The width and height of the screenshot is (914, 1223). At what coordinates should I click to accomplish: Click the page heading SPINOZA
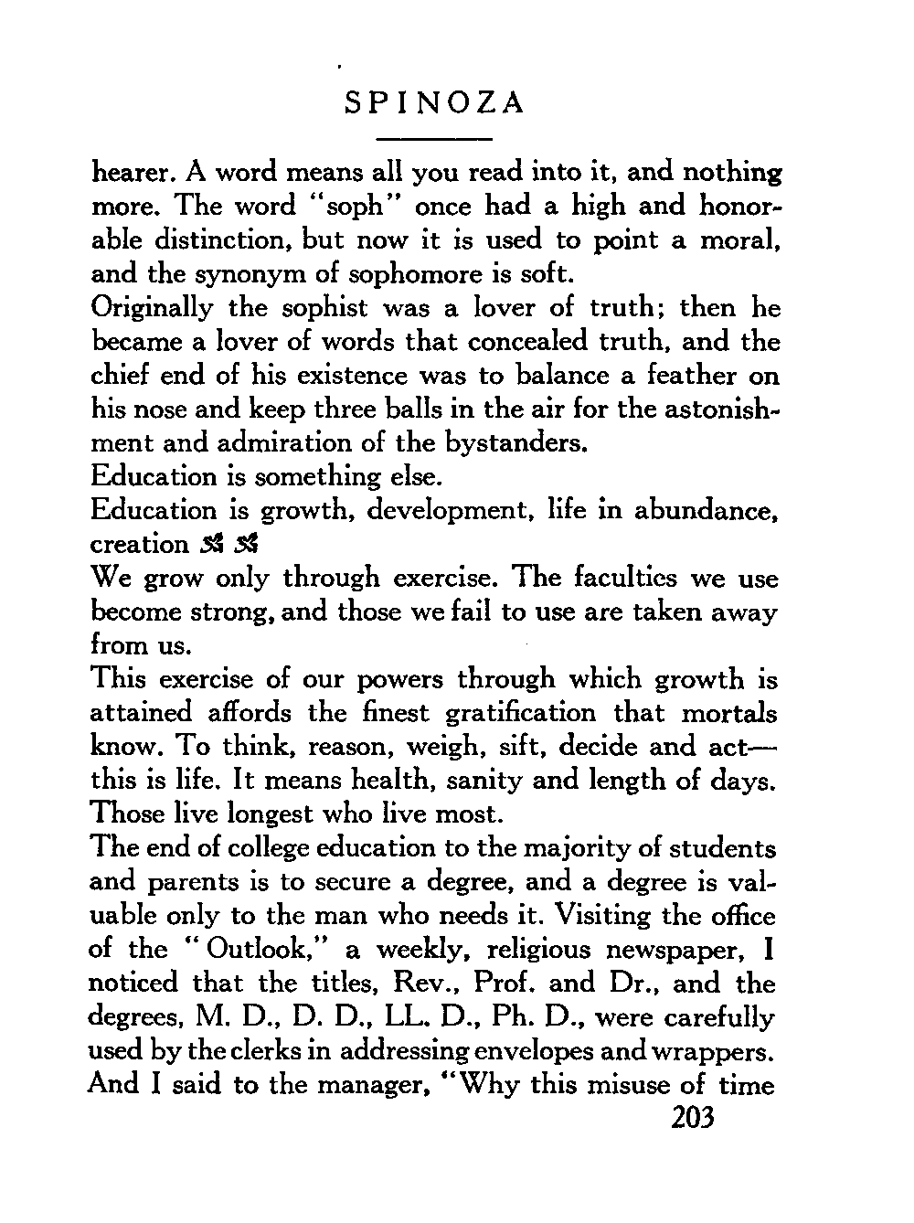435,103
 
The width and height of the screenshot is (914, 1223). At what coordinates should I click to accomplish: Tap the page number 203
692,1117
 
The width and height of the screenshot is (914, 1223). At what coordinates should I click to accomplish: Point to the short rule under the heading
435,138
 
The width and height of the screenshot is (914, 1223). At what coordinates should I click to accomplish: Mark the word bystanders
515,443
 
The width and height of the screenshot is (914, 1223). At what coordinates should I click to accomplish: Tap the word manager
374,1085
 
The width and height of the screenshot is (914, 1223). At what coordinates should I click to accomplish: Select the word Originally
152,307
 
